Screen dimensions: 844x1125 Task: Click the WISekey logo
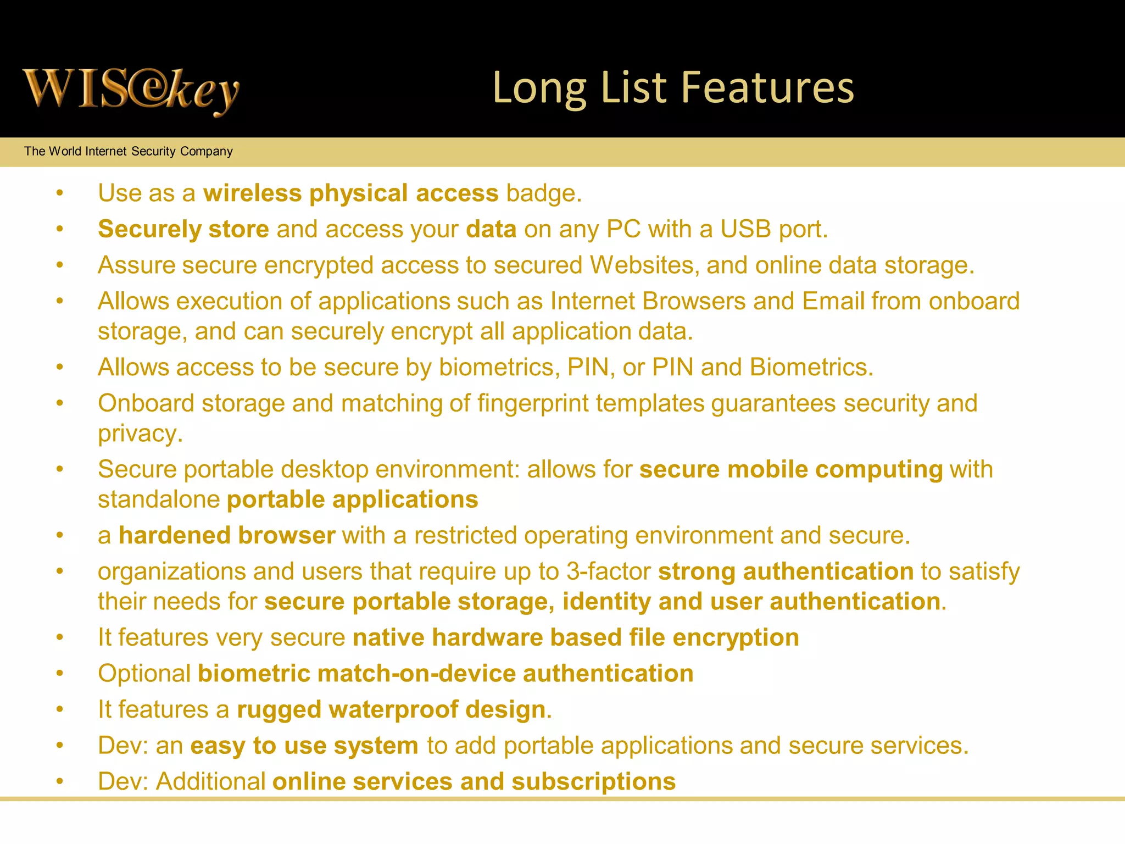coord(131,91)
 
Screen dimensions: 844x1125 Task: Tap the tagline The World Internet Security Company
coord(129,151)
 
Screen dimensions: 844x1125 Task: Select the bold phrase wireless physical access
coord(350,193)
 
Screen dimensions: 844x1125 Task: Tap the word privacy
coord(140,434)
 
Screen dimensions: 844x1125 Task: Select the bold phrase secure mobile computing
coord(791,470)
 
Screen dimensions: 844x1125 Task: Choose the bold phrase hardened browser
coord(227,536)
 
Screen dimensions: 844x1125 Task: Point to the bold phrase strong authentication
coord(786,571)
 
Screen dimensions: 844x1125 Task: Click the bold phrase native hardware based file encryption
coord(576,638)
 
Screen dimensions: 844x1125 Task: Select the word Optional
coord(144,674)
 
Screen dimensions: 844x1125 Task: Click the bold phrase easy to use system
coord(304,746)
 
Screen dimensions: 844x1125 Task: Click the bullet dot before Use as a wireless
coord(60,193)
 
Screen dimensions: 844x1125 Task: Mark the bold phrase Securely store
coord(183,229)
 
